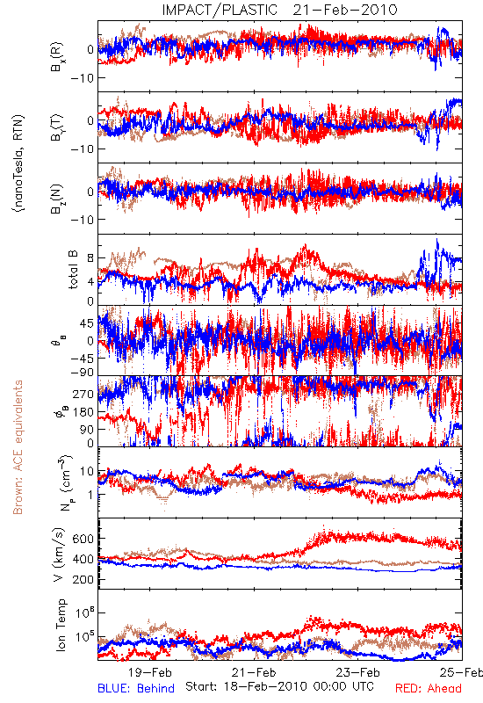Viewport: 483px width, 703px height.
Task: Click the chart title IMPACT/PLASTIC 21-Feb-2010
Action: pos(279,10)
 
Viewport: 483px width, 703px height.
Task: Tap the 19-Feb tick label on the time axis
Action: pos(150,672)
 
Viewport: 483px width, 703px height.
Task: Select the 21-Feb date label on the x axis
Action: pos(255,672)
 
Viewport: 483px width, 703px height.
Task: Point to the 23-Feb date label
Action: pos(358,672)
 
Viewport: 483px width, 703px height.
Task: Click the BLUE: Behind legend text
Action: pos(136,688)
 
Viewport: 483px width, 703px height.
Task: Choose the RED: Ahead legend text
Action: pos(428,688)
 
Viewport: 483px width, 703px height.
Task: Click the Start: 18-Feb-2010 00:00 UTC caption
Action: pos(279,686)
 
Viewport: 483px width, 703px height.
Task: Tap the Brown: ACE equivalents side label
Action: pos(18,447)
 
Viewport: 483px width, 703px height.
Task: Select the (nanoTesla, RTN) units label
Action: pos(18,163)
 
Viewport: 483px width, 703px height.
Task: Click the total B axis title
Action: pos(73,270)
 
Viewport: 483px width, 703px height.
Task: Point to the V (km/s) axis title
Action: pos(59,554)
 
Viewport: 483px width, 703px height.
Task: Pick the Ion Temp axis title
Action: pos(60,625)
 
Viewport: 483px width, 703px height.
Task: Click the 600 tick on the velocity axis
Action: pos(83,539)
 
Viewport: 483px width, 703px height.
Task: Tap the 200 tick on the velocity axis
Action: pos(83,580)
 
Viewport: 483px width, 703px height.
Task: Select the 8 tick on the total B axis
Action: pos(90,258)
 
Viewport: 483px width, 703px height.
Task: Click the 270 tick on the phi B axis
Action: pos(83,394)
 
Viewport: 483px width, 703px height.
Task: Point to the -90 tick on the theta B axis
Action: pos(83,373)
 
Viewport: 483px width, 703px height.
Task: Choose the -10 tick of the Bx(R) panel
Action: pos(83,78)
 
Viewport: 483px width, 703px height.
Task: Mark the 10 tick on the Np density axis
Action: pos(87,472)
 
